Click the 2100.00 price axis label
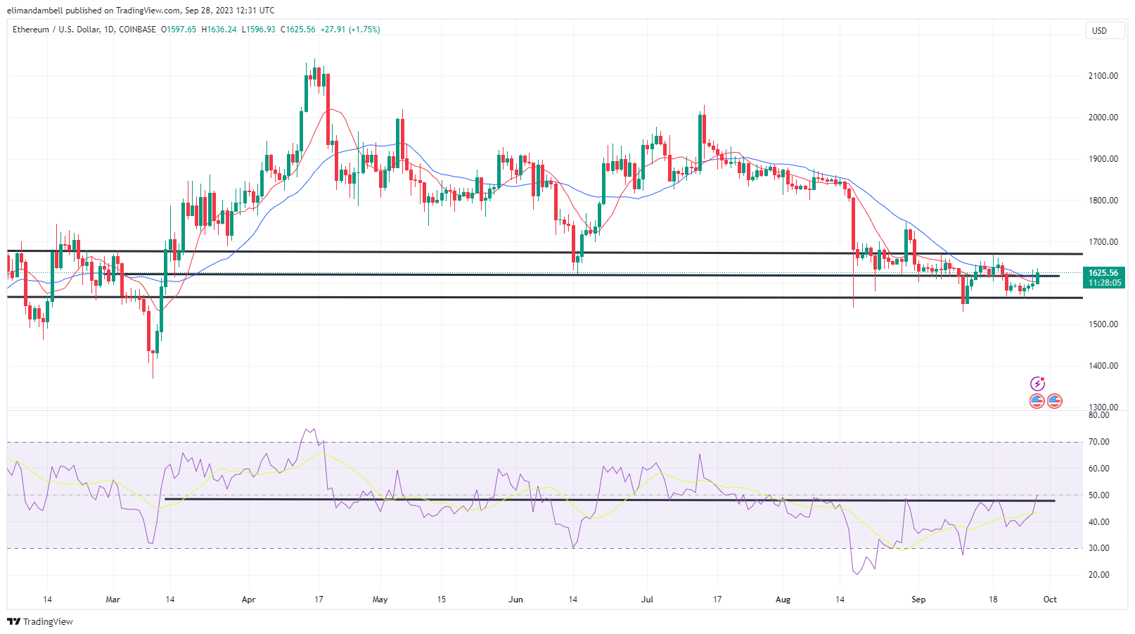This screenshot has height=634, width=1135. [x=1103, y=76]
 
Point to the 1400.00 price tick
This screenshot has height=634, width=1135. [x=1103, y=366]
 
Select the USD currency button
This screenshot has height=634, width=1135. [x=1099, y=31]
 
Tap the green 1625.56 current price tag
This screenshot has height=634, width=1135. [x=1103, y=273]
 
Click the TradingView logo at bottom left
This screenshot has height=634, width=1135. [x=40, y=621]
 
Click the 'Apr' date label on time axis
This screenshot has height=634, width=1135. [x=248, y=600]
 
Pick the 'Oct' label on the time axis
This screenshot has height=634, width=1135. [x=1050, y=600]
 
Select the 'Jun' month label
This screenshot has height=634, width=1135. [x=516, y=600]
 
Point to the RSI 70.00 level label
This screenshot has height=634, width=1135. [x=1098, y=442]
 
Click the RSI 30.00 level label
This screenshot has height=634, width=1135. [x=1098, y=548]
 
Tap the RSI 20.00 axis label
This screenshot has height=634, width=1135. [x=1098, y=575]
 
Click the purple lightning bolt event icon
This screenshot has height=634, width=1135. [x=1037, y=383]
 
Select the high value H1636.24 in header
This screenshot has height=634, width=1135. [x=219, y=30]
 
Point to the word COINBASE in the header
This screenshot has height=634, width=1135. [x=137, y=30]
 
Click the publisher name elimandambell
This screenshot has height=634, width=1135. [x=35, y=11]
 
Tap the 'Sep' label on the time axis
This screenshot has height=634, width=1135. [x=918, y=600]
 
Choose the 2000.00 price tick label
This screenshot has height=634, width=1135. [x=1103, y=118]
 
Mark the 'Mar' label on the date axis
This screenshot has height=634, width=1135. [x=113, y=600]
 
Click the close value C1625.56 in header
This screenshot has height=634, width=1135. [x=298, y=30]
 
